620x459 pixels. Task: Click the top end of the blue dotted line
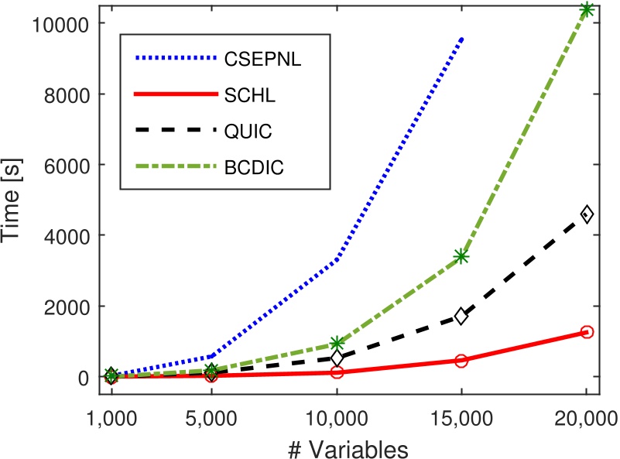462,37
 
